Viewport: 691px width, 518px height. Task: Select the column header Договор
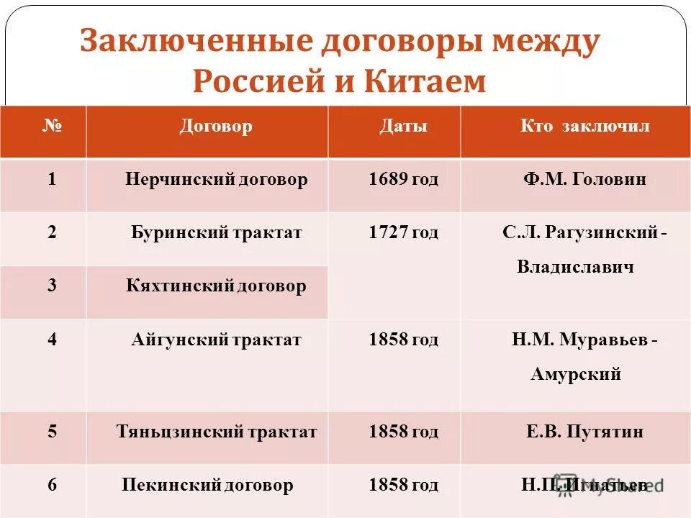pyautogui.click(x=216, y=127)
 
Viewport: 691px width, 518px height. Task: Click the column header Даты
pyautogui.click(x=404, y=127)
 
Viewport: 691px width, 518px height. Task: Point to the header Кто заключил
pyautogui.click(x=584, y=127)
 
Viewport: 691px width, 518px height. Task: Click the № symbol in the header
pyautogui.click(x=52, y=127)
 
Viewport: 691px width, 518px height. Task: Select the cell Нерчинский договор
pyautogui.click(x=216, y=180)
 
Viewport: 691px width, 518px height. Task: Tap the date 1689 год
pyautogui.click(x=403, y=180)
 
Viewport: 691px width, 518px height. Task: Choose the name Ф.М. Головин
pyautogui.click(x=584, y=180)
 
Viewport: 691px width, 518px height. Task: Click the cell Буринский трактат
pyautogui.click(x=216, y=233)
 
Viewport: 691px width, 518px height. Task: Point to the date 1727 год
pyautogui.click(x=403, y=233)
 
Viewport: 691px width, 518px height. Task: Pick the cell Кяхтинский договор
pyautogui.click(x=216, y=286)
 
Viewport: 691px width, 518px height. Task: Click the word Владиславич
pyautogui.click(x=575, y=268)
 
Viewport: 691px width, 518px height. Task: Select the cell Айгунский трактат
pyautogui.click(x=216, y=340)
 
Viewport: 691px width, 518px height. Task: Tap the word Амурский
pyautogui.click(x=576, y=375)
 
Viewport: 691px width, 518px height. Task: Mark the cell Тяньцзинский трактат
pyautogui.click(x=217, y=432)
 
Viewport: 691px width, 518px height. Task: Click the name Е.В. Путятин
pyautogui.click(x=584, y=432)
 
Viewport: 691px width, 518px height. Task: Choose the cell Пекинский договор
pyautogui.click(x=208, y=486)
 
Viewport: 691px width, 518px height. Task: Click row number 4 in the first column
pyautogui.click(x=52, y=340)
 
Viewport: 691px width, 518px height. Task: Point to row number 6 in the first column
pyautogui.click(x=52, y=486)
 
